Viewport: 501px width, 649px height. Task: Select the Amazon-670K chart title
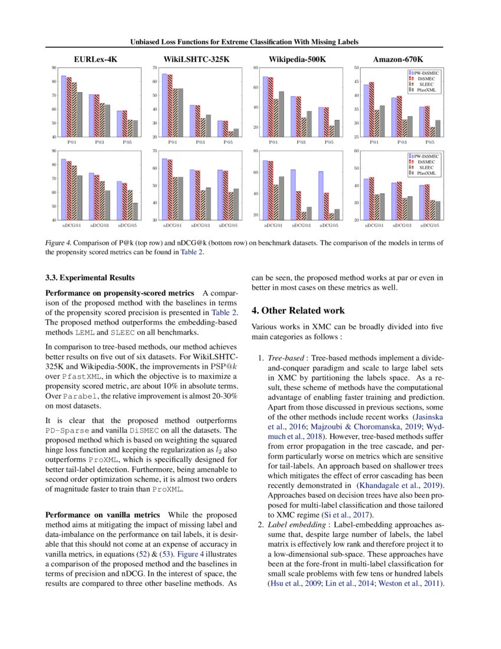coord(398,60)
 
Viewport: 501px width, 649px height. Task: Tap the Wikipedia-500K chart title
coord(297,60)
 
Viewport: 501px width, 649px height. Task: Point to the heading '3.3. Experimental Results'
coord(90,277)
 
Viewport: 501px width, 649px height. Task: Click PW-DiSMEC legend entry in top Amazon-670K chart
coord(426,72)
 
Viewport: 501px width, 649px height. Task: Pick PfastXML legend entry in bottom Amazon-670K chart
coord(426,173)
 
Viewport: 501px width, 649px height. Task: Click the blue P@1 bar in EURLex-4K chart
coord(64,106)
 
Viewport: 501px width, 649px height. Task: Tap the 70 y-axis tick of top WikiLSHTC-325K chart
coord(154,68)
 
